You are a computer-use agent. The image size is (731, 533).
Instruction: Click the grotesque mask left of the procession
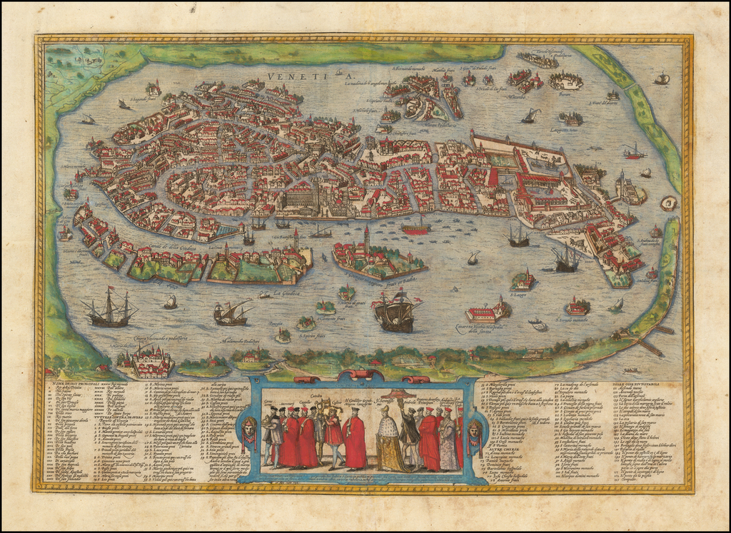pyautogui.click(x=248, y=428)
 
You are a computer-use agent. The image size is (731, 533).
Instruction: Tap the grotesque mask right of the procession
pyautogui.click(x=474, y=430)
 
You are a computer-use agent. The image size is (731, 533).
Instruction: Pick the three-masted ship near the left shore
pyautogui.click(x=109, y=308)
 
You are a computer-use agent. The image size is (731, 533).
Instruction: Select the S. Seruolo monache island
pyautogui.click(x=577, y=307)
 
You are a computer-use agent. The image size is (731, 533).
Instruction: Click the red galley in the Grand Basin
pyautogui.click(x=415, y=228)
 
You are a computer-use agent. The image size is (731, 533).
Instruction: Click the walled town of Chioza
pyautogui.click(x=147, y=362)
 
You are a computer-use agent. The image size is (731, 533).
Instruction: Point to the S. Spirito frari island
pyautogui.click(x=283, y=335)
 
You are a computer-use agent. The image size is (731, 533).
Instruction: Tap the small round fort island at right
pyautogui.click(x=669, y=203)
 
